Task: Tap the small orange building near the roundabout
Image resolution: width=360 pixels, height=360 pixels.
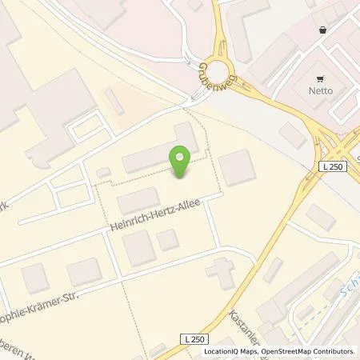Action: coord(115,102)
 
